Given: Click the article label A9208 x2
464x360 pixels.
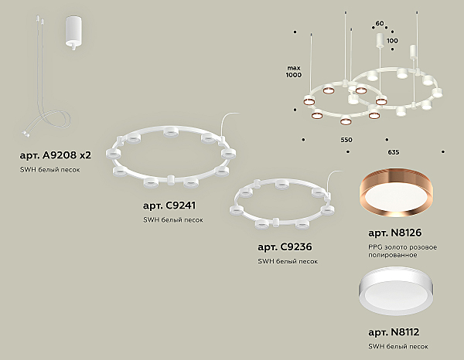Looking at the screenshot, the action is (x=56, y=155).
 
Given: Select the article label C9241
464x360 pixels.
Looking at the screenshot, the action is (x=169, y=205).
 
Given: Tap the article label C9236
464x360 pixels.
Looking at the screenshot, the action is (x=285, y=247).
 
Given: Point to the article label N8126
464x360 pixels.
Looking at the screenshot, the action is (x=394, y=233).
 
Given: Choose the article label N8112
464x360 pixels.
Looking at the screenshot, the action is (x=394, y=332).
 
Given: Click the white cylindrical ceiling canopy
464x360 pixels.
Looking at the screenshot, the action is (x=73, y=32).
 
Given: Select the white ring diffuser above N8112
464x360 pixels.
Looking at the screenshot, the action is (x=396, y=291).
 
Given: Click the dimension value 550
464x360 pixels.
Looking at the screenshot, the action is (x=346, y=140).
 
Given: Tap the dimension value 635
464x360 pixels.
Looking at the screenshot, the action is (x=394, y=152).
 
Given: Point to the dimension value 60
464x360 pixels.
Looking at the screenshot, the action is (x=380, y=23).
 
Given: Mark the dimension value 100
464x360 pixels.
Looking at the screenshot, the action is (x=392, y=40).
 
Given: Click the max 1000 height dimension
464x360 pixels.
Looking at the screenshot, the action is (x=294, y=72).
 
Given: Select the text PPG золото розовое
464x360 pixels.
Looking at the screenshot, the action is (x=402, y=247).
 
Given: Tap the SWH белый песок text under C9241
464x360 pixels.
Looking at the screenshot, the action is (x=173, y=220).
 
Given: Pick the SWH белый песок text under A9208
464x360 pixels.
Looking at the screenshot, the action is (x=49, y=170).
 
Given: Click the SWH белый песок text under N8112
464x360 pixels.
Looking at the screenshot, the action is (x=398, y=346).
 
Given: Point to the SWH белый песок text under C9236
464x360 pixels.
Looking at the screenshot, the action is (x=288, y=261).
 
